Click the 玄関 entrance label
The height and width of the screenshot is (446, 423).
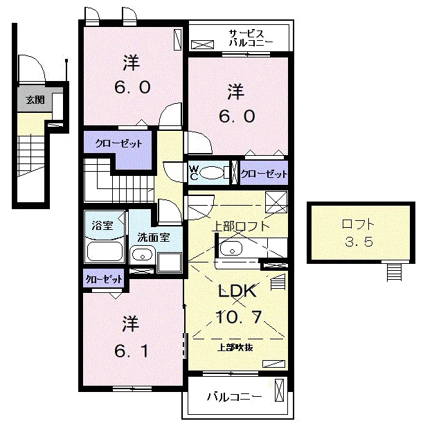coord(35,100)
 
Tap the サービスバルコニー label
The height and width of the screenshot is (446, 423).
coord(251,38)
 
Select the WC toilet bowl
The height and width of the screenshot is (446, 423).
coord(212,172)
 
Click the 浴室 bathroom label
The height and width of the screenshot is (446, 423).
coord(102,226)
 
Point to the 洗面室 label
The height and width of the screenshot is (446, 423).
coord(154,237)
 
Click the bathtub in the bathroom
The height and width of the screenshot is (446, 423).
coord(105,251)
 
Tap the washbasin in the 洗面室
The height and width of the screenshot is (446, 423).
coord(142,255)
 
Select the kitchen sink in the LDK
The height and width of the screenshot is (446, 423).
coord(231,249)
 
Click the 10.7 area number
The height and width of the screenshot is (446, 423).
coord(238,317)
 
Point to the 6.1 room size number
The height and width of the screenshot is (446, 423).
coord(131,350)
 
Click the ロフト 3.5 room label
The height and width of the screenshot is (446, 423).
coord(359,233)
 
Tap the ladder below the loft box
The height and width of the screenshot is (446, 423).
coord(394,271)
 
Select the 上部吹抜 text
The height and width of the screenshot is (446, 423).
coord(235,347)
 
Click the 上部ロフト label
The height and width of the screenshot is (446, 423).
coord(241,226)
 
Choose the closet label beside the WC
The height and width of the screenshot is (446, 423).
coord(264,174)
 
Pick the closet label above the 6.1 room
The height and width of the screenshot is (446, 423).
coord(104,279)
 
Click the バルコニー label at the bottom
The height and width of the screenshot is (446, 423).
coord(234,397)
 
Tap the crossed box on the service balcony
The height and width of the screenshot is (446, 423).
coord(202,44)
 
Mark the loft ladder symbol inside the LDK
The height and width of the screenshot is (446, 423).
coord(278,282)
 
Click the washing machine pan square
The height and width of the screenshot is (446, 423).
coord(170,262)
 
